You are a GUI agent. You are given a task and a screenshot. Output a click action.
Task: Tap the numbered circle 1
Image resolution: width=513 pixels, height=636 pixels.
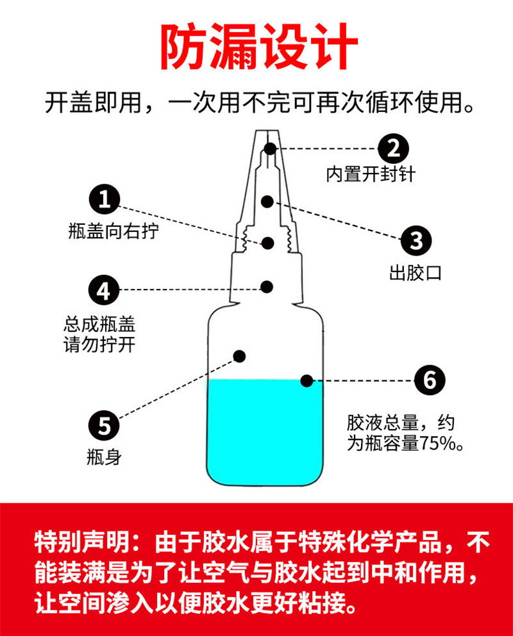point(105,200)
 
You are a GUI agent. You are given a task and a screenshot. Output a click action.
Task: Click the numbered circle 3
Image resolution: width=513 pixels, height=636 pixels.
point(416,241)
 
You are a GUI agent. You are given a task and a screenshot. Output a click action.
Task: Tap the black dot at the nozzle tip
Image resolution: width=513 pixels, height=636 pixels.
point(270,149)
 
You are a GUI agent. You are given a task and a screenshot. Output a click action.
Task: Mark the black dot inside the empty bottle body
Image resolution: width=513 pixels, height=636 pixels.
point(240,355)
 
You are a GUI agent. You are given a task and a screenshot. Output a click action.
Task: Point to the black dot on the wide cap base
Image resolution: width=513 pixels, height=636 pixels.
point(267,286)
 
